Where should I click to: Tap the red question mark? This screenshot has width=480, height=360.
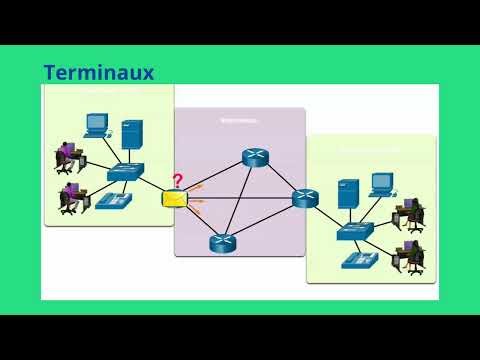pyautogui.click(x=178, y=181)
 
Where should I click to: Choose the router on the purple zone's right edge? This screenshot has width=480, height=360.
pyautogui.click(x=304, y=198)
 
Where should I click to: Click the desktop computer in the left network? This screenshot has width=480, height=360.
pyautogui.click(x=96, y=125)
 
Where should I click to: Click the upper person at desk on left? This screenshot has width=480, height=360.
pyautogui.click(x=69, y=156)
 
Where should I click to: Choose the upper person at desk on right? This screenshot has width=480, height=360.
pyautogui.click(x=407, y=215)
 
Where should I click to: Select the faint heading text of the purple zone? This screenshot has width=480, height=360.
pyautogui.click(x=239, y=120)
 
